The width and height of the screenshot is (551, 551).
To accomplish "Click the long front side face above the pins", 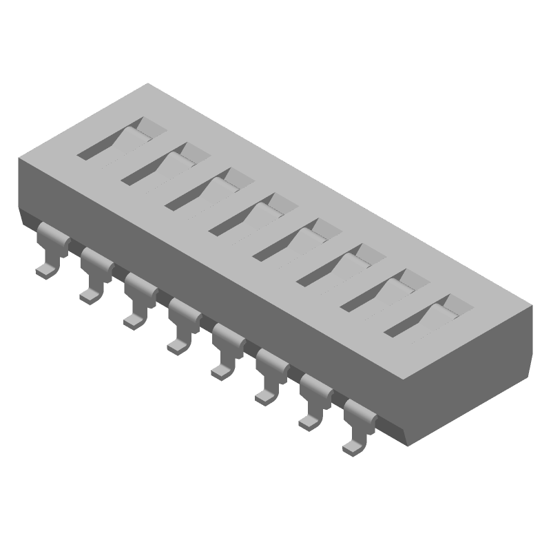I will pyautogui.click(x=207, y=275).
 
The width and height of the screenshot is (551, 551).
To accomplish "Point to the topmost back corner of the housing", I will pyautogui.click(x=148, y=84).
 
